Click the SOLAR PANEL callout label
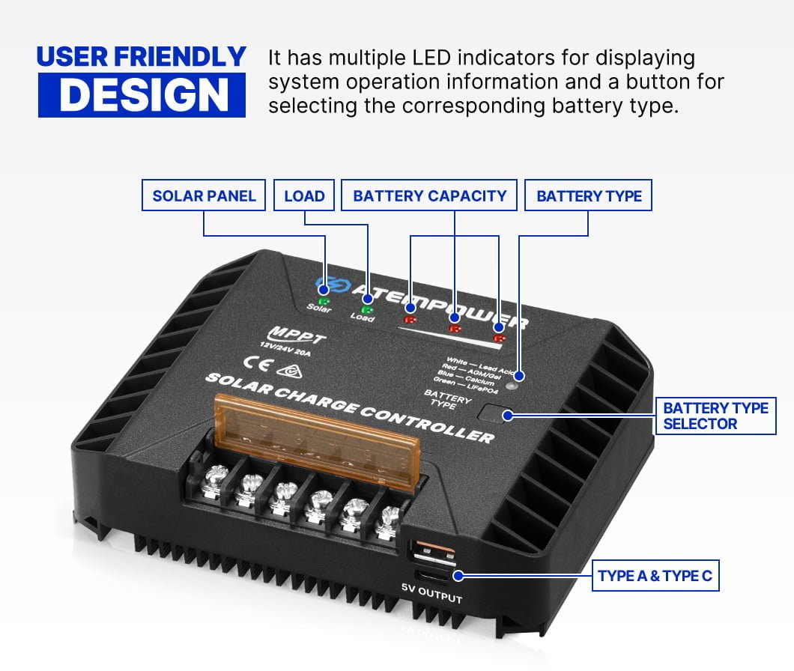(x=204, y=196)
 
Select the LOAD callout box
(x=304, y=196)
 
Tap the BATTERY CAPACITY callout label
(x=430, y=196)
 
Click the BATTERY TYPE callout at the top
(x=589, y=196)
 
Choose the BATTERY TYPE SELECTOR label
(x=715, y=416)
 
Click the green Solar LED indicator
(x=324, y=301)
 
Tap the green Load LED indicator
(x=367, y=309)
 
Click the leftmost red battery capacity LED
(x=410, y=319)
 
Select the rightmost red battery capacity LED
(x=499, y=338)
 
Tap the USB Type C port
(x=435, y=576)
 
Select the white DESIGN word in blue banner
(x=142, y=95)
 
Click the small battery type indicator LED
(x=512, y=387)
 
